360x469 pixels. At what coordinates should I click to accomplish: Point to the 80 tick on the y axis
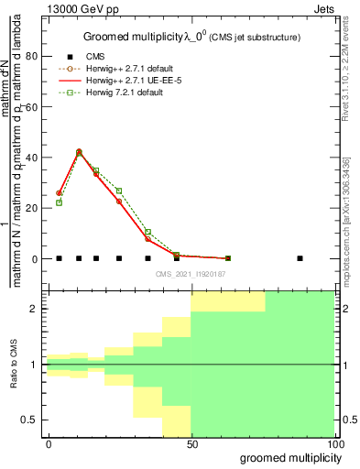coord(35,56)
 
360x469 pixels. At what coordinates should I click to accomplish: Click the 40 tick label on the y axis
coord(35,158)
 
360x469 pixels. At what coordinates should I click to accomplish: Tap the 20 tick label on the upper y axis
coord(35,208)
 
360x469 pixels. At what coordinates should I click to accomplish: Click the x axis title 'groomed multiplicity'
coord(288,457)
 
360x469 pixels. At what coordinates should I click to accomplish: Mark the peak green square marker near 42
coord(79,152)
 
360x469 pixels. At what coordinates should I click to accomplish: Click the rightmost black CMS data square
coord(300,258)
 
